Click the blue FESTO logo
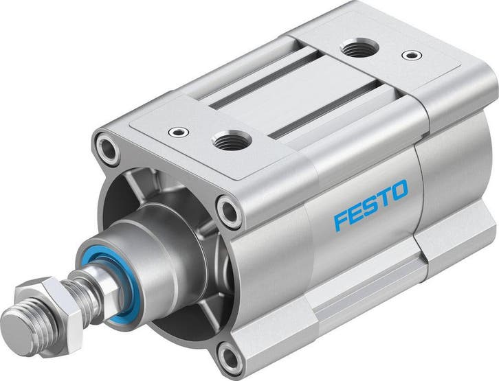(370, 205)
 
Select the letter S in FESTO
(372, 204)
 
